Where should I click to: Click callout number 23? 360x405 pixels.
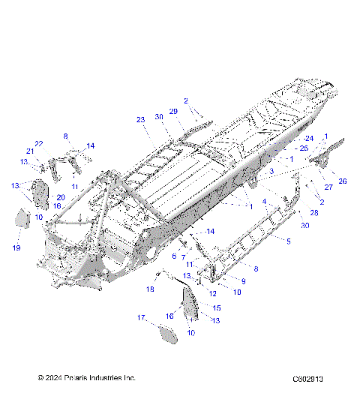tap(140, 120)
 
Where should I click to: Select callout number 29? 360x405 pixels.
tap(172, 111)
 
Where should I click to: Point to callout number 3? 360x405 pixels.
tap(271, 172)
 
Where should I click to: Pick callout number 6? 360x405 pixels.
tap(174, 256)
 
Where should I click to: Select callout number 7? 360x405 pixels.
tap(184, 257)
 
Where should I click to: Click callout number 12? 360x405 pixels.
tap(212, 293)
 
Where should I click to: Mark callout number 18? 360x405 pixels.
tap(150, 289)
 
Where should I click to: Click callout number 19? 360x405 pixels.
tap(16, 247)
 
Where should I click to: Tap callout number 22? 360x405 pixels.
tap(38, 143)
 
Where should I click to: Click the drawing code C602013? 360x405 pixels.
tap(308, 379)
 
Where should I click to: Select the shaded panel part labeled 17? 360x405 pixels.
tap(167, 331)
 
